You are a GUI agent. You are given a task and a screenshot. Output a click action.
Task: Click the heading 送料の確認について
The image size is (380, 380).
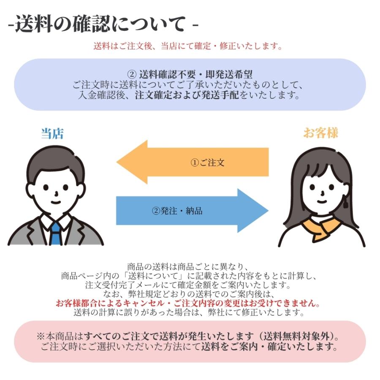100,24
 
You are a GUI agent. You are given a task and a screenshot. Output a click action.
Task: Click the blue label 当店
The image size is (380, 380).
52,133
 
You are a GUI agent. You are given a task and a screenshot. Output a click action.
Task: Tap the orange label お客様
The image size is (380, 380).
320,133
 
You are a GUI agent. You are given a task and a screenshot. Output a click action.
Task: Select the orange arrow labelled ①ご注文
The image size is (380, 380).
193,162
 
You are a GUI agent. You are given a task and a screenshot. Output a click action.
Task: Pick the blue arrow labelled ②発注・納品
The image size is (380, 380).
193,211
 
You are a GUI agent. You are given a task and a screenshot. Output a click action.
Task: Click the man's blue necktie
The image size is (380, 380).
56,233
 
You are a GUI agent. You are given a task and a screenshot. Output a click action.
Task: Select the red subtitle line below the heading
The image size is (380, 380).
188,46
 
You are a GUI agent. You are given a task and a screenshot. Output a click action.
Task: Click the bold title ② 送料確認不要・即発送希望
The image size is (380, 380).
190,74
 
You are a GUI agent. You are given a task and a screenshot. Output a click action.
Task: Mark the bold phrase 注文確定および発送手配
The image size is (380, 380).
187,95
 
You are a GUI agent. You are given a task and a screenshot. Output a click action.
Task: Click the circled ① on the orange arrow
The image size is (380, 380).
195,163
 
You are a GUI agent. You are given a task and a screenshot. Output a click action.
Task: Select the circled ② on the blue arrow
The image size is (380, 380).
156,211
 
